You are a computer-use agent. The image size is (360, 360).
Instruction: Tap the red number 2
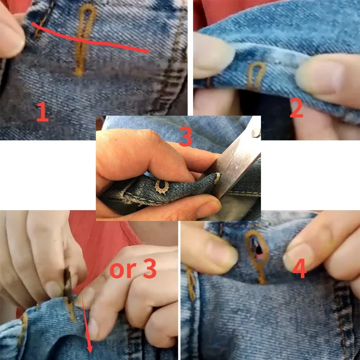click(x=297, y=108)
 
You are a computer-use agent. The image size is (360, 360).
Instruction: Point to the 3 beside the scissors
click(x=185, y=137)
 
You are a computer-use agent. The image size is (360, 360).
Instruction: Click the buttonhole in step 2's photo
click(x=257, y=74)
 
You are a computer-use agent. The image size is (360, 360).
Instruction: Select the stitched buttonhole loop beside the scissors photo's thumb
click(x=162, y=186)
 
